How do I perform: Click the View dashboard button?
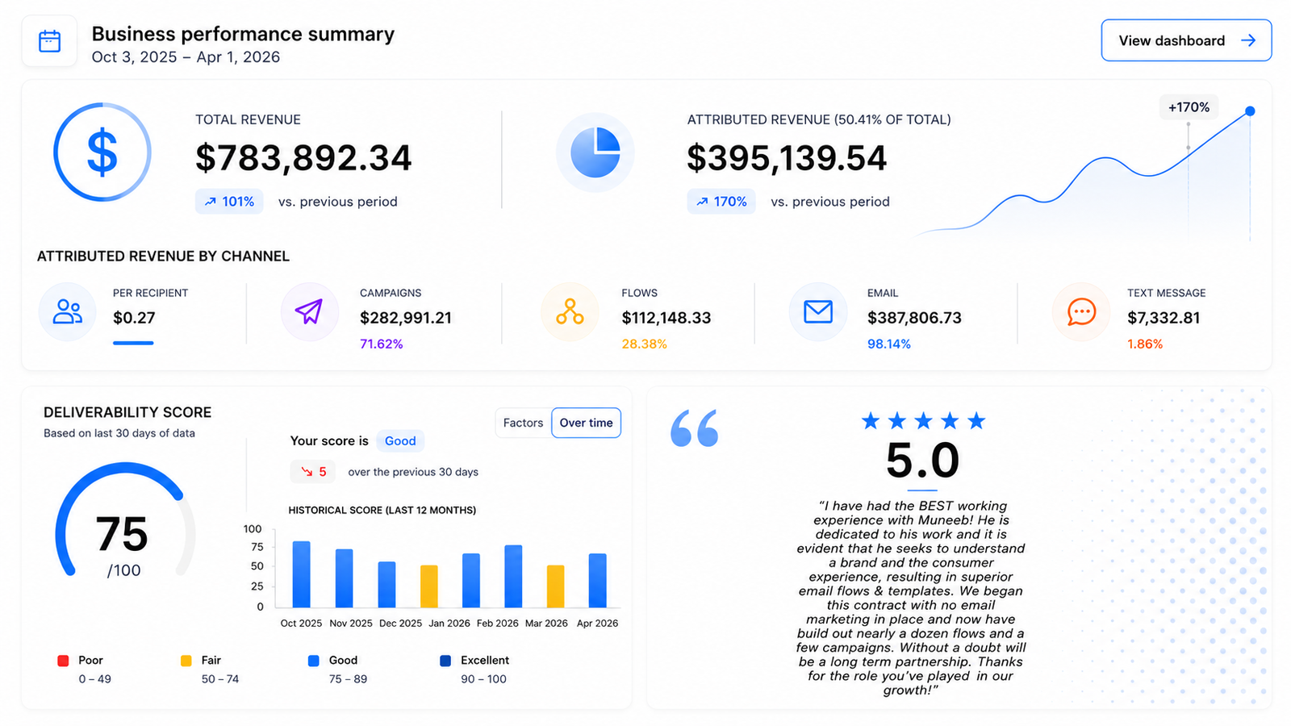click(1186, 40)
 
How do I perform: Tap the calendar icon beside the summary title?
click(49, 41)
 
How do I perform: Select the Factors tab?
click(523, 423)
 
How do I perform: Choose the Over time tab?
click(586, 423)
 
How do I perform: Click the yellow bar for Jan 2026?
click(428, 586)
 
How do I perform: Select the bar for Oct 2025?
click(302, 574)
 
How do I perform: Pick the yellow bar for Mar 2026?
click(556, 586)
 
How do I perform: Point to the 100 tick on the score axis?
click(253, 529)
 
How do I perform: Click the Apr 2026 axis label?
click(597, 623)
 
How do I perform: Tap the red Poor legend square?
click(64, 661)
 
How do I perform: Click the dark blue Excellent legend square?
click(445, 661)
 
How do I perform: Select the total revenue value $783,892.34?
click(303, 158)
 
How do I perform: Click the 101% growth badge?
click(229, 202)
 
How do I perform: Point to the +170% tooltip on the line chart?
click(1189, 107)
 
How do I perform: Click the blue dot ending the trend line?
click(1250, 111)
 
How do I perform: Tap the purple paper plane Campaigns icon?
click(309, 311)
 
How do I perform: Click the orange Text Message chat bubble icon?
click(1081, 311)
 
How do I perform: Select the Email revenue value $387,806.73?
click(915, 318)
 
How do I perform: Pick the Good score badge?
click(400, 440)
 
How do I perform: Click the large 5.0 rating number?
click(923, 461)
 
